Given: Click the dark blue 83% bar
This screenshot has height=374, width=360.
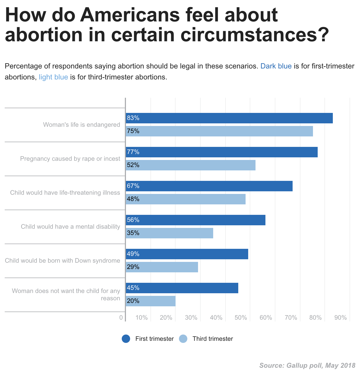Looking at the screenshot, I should pos(229,118).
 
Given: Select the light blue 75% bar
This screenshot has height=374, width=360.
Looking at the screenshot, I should pos(219,131).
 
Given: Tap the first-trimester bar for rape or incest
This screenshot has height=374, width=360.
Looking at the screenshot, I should pos(222,152).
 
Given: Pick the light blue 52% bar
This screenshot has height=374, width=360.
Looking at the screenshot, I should pos(190,165).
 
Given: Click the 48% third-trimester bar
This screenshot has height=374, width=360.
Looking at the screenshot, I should pos(185,199).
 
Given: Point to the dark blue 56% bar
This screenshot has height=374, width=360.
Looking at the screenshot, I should pos(195,220).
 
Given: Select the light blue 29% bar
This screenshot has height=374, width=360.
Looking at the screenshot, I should pos(162,267).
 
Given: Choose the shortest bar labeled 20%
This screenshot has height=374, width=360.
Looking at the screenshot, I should pos(150,301).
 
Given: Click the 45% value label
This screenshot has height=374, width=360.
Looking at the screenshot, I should pos(133,288).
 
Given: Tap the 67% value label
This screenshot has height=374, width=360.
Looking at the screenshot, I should pos(133,186).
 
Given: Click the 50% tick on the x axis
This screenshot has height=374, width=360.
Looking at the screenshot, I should pos(241,318).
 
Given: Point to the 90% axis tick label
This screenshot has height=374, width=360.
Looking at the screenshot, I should pos(340,318).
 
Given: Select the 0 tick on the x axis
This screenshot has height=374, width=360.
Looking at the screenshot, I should pos(121,318).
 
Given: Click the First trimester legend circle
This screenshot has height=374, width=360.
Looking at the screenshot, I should pos(126,339).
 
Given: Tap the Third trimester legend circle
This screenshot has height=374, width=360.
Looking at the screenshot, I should pos(183,339).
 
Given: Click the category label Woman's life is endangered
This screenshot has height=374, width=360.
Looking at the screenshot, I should pos(82,125).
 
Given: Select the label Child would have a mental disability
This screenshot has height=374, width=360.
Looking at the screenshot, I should pos(70,227).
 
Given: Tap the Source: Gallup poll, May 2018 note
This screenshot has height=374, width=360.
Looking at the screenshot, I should pos(307,365).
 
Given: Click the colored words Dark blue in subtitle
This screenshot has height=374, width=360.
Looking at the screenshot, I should pos(276,66).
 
